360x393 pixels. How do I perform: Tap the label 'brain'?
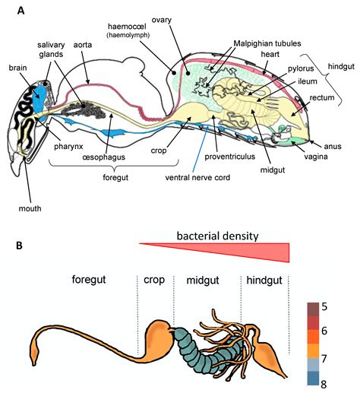point(19,67)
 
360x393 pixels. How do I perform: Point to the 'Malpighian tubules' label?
point(267,44)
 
